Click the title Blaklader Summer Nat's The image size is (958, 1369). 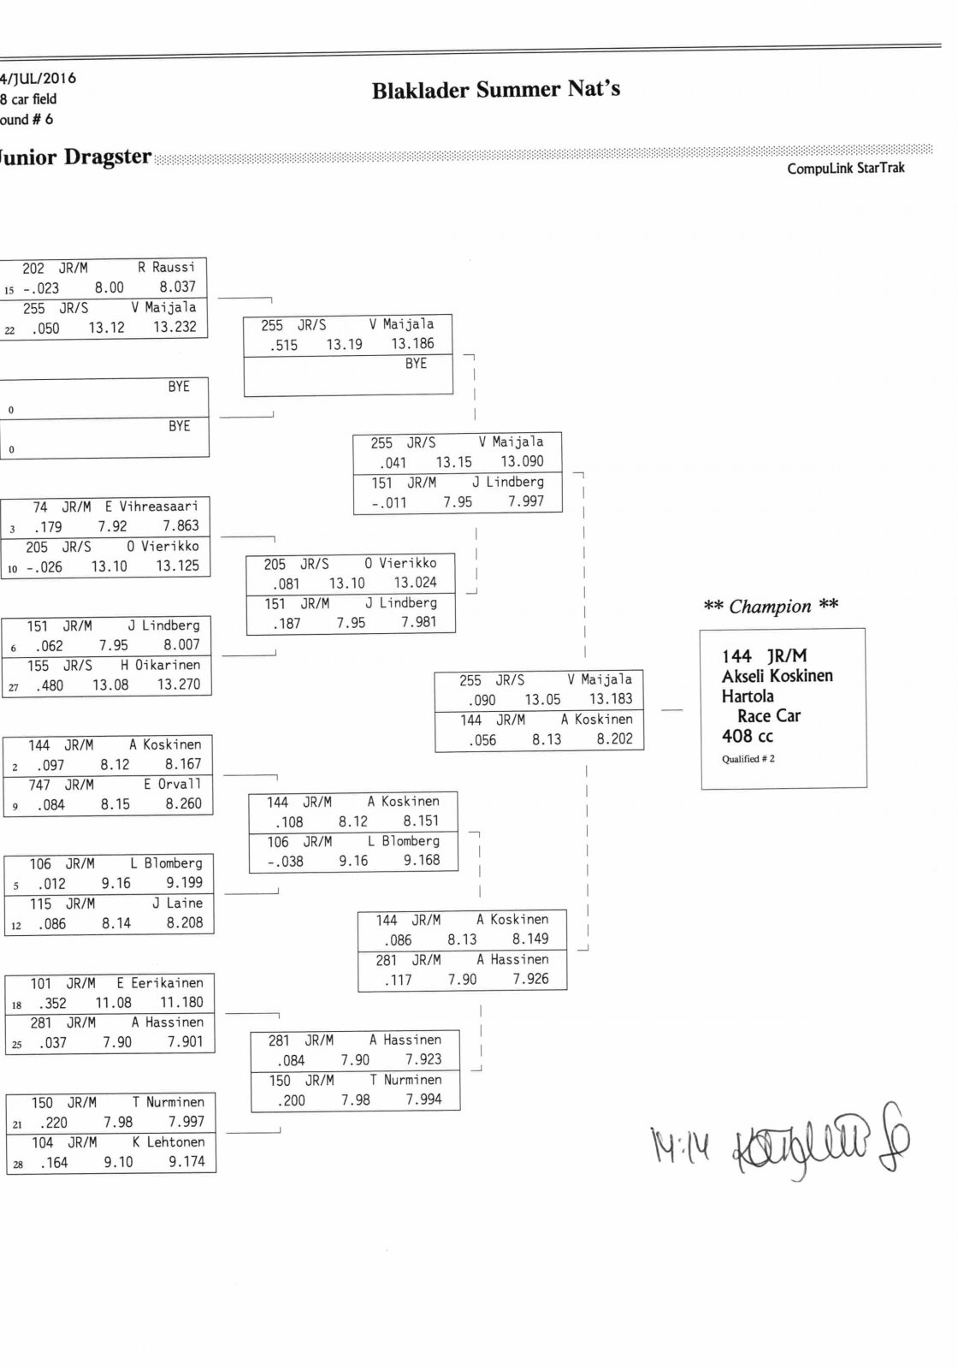pyautogui.click(x=495, y=90)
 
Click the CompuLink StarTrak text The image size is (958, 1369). pyautogui.click(x=845, y=169)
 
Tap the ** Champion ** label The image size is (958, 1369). pyautogui.click(x=770, y=607)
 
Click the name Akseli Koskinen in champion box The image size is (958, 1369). pyautogui.click(x=777, y=676)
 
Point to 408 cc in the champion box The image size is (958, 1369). pyautogui.click(x=747, y=736)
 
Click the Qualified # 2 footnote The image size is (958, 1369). pyautogui.click(x=748, y=759)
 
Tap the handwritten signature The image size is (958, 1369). pyautogui.click(x=821, y=1145)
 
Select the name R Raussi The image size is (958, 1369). pyautogui.click(x=167, y=268)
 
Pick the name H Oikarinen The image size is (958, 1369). pyautogui.click(x=160, y=665)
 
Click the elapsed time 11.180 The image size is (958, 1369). pyautogui.click(x=181, y=1003)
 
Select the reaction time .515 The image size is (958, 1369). pyautogui.click(x=284, y=345)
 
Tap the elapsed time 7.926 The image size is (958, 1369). pyautogui.click(x=530, y=979)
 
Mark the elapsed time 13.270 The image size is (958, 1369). pyautogui.click(x=178, y=685)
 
